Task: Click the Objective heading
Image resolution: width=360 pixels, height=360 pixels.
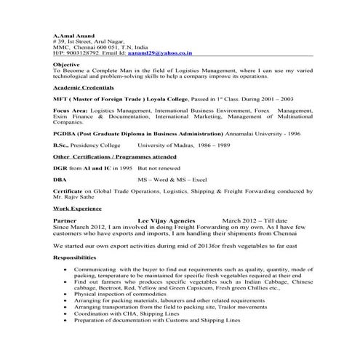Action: tap(66, 65)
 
